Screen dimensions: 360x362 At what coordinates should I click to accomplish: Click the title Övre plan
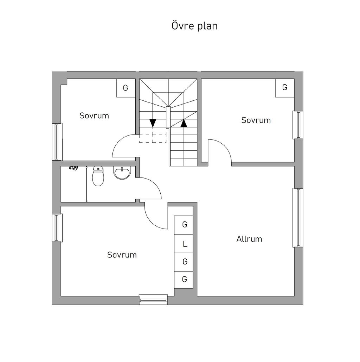tap(194, 26)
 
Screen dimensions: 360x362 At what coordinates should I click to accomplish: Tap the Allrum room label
tap(249, 239)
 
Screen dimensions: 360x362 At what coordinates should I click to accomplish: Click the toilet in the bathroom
tap(98, 176)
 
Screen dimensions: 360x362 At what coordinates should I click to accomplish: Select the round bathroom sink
tap(122, 173)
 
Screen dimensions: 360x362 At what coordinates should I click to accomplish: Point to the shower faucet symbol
tap(73, 168)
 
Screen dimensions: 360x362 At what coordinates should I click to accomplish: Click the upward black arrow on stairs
tap(184, 123)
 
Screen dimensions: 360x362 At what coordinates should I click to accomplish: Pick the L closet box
tap(184, 244)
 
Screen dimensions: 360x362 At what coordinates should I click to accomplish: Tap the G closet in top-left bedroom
tap(126, 88)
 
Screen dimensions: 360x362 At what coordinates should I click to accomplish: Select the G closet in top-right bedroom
tap(285, 88)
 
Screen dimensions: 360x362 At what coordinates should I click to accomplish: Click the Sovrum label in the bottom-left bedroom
tap(122, 255)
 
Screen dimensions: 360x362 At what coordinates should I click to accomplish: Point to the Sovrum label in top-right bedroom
tap(256, 120)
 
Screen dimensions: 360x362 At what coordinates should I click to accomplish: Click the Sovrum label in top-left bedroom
tap(94, 116)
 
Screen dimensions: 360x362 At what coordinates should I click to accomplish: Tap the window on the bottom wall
tap(153, 300)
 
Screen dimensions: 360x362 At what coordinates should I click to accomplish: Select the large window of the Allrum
tap(298, 218)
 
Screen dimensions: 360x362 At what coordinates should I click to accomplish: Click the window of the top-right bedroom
tap(298, 125)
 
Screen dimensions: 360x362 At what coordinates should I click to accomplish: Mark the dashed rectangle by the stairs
tap(153, 138)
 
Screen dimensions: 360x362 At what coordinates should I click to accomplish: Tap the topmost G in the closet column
tap(185, 224)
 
